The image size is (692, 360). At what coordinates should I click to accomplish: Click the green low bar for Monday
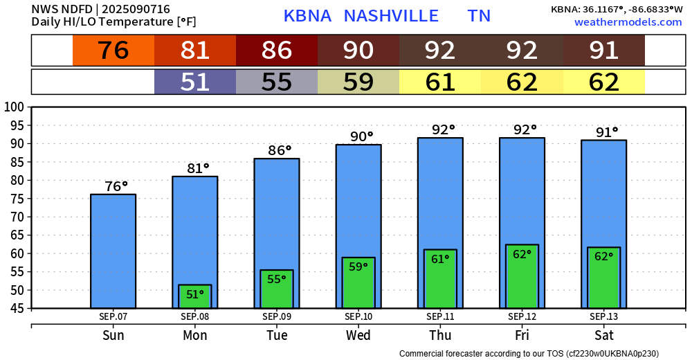click(195, 296)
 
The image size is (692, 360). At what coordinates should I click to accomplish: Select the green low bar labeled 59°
click(358, 282)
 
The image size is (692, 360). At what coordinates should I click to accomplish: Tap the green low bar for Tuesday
click(277, 289)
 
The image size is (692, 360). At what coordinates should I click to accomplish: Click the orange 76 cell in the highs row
click(113, 51)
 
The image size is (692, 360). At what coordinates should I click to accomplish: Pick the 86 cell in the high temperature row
click(277, 51)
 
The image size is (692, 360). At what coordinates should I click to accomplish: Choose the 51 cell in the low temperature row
click(195, 82)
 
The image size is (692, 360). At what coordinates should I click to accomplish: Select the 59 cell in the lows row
click(358, 82)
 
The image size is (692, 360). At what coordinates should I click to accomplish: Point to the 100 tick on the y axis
click(15, 107)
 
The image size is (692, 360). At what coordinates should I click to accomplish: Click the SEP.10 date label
click(358, 316)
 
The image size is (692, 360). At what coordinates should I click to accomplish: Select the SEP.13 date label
click(603, 316)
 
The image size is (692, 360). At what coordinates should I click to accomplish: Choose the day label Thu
click(440, 336)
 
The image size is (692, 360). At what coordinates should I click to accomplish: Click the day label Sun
click(113, 336)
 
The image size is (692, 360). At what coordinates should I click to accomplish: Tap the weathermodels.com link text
click(628, 22)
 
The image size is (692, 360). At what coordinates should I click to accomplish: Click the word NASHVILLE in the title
click(391, 16)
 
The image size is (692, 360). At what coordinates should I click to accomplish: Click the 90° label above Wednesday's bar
click(358, 136)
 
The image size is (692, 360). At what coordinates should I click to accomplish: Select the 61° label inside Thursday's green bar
click(440, 259)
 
